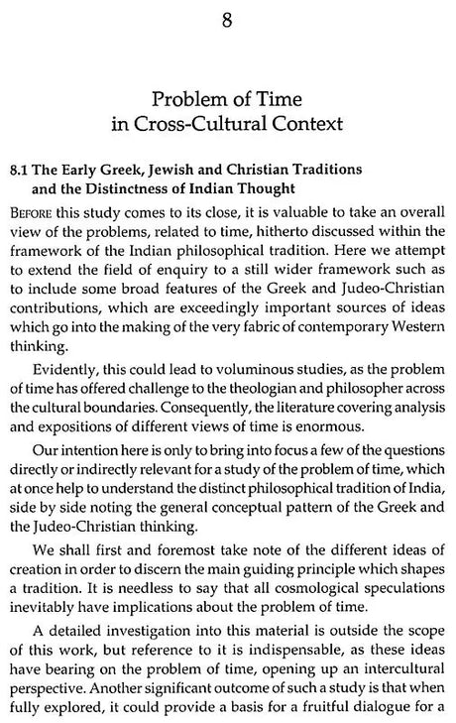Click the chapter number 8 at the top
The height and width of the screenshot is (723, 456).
[227, 19]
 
